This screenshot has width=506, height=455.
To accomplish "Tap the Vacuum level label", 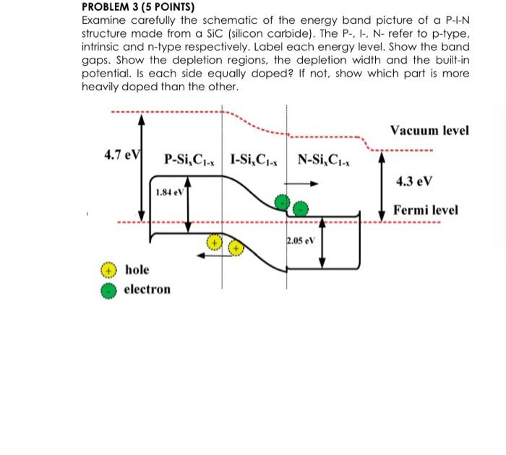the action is pyautogui.click(x=429, y=131).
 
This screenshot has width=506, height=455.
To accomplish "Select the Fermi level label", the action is pyautogui.click(x=426, y=210).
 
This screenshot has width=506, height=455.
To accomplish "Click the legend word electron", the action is pyautogui.click(x=147, y=290).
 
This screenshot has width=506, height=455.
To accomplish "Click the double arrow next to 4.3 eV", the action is pyautogui.click(x=382, y=185).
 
